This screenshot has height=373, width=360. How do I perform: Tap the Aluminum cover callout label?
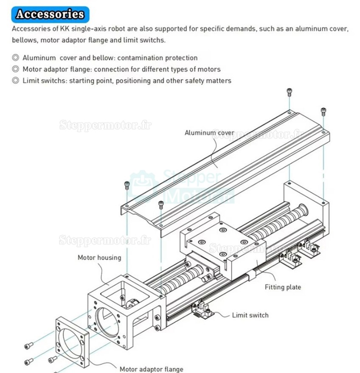(209, 133)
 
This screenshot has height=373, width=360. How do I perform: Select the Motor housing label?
(99, 258)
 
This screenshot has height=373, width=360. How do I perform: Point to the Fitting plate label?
(283, 287)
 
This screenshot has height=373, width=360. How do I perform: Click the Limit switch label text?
(250, 315)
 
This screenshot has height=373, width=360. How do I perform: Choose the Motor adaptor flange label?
(151, 369)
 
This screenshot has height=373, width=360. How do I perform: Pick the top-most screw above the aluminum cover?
(289, 91)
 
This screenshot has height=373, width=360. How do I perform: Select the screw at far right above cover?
(323, 111)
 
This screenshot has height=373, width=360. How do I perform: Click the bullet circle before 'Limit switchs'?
(16, 80)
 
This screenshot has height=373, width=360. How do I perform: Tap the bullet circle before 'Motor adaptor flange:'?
(16, 69)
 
